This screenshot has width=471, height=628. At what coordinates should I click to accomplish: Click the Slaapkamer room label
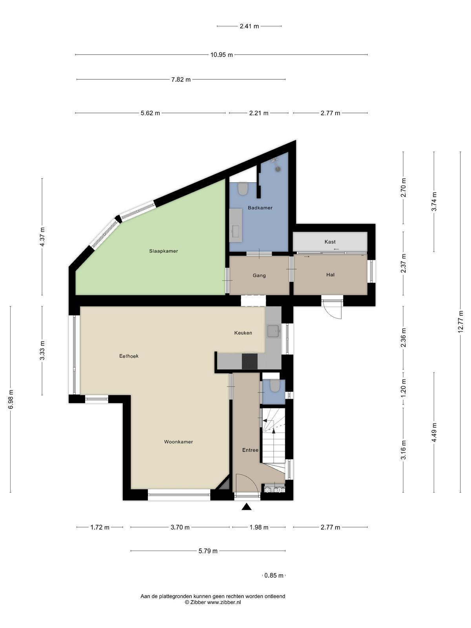tap(163, 251)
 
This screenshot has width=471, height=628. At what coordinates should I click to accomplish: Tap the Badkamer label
tap(260, 208)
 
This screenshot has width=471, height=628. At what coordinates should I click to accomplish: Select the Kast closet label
tap(330, 242)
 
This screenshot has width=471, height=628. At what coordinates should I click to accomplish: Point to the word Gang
tap(259, 276)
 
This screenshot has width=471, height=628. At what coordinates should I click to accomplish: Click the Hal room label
tap(330, 275)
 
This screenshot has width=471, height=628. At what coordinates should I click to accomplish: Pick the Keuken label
tap(243, 333)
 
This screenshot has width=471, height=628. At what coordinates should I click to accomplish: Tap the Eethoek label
tap(129, 356)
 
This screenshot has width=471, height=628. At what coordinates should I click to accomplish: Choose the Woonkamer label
tap(179, 442)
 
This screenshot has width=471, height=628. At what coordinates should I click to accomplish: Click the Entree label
tap(250, 450)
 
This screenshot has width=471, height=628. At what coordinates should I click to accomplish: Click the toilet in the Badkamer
tap(243, 189)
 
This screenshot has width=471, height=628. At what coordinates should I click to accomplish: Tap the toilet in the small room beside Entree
tap(274, 386)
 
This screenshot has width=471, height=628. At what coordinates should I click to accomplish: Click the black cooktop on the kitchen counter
tap(250, 361)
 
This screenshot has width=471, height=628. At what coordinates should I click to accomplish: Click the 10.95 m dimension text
tap(222, 55)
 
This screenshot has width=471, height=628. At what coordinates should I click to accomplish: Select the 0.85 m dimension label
tap(274, 575)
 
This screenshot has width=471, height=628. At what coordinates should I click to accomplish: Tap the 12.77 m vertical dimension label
tap(460, 321)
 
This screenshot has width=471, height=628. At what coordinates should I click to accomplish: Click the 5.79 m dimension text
tap(208, 551)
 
